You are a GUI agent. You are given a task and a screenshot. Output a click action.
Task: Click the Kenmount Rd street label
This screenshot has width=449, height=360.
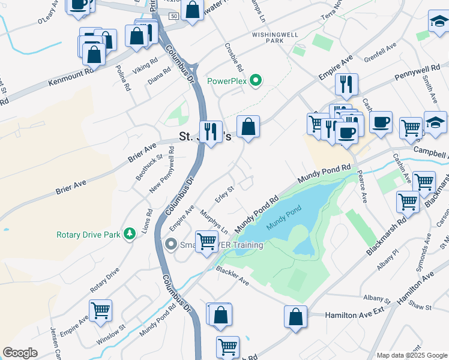(71, 70)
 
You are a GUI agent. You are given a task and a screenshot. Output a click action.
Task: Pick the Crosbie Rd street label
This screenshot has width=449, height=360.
(233, 56)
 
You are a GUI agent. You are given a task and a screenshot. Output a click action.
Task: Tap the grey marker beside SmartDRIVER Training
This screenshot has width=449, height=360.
(171, 244)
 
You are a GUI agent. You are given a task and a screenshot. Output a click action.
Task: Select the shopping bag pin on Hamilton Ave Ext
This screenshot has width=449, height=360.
(296, 317)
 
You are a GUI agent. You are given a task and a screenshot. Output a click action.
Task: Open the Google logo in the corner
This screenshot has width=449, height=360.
(20, 353)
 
